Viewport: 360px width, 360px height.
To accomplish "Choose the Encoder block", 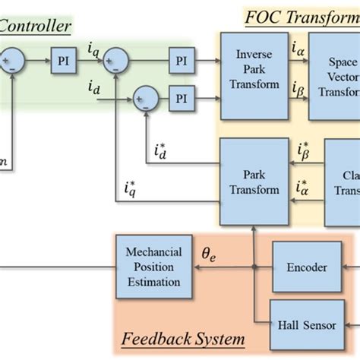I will coord(306,267).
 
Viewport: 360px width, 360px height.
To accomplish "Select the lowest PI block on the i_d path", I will coord(180,98).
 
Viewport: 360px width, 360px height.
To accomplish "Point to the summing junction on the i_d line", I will coord(145,98).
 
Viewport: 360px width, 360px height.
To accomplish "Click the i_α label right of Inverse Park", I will coord(297,49).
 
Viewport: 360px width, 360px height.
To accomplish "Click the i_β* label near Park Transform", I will coord(302,150).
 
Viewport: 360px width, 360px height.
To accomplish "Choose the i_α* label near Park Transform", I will coord(302,186).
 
